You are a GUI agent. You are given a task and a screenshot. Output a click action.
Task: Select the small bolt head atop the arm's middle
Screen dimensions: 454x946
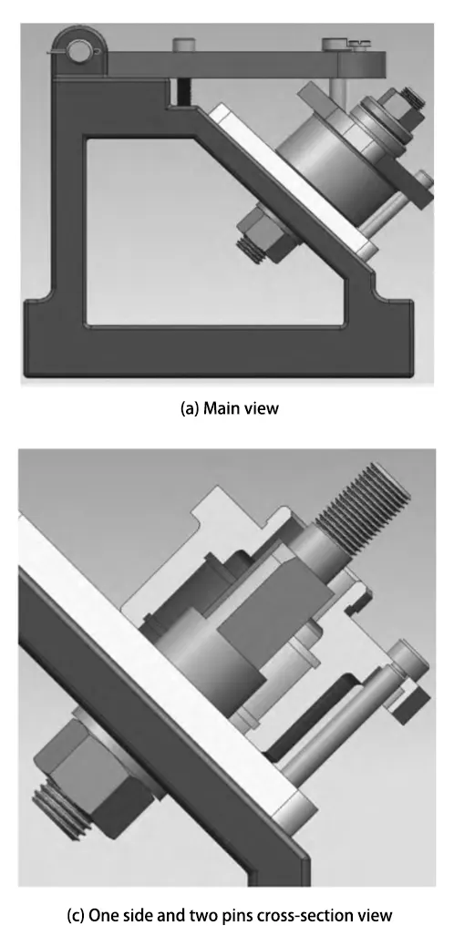click(x=182, y=45)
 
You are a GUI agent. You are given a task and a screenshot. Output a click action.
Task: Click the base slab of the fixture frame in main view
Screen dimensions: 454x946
click(x=218, y=353)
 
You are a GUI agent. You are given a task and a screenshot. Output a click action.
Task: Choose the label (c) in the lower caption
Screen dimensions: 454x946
click(x=76, y=916)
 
